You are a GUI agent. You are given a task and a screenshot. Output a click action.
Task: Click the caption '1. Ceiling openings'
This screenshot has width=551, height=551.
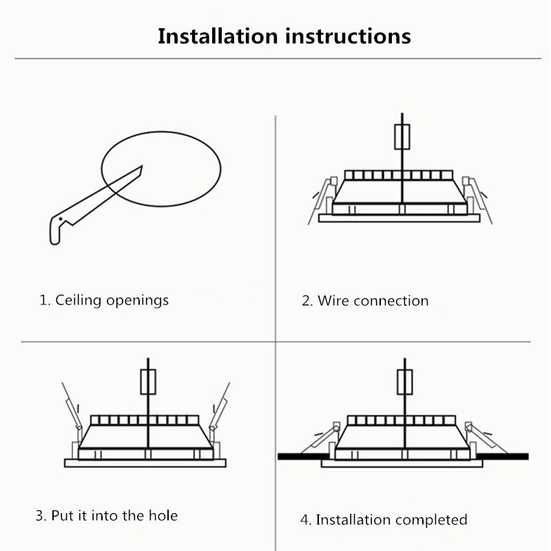click(x=104, y=300)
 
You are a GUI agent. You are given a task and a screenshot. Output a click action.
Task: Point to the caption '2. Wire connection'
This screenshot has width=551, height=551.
click(x=365, y=301)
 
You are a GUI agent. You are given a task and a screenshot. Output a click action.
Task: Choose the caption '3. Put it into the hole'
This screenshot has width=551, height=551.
click(x=107, y=515)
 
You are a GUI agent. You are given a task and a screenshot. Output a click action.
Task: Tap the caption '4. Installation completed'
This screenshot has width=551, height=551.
click(x=384, y=519)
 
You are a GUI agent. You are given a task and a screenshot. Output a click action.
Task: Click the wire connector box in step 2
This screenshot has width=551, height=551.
click(x=402, y=136)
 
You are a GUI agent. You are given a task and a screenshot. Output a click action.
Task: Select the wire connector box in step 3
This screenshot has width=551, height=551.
click(x=148, y=382)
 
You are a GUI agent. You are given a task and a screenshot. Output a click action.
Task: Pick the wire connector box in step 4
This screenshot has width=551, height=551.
click(x=405, y=382)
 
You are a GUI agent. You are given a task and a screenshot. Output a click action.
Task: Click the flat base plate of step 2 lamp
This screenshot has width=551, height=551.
click(x=399, y=218)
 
